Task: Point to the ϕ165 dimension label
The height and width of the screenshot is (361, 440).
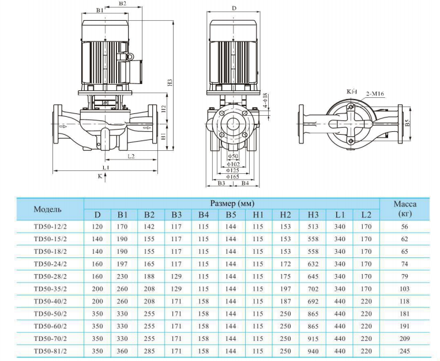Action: point(233,177)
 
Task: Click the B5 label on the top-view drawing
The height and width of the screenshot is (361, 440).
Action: point(407,123)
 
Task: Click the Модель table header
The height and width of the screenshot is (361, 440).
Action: point(48,208)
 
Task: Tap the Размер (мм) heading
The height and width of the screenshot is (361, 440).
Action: point(231,203)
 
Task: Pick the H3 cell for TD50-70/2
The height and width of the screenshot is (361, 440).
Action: point(313,338)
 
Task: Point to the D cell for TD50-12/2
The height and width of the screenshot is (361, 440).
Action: point(97,226)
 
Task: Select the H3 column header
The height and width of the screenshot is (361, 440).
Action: point(313,215)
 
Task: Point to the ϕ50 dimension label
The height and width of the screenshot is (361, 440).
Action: point(233,156)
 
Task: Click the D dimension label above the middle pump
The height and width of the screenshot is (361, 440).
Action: point(233,9)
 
